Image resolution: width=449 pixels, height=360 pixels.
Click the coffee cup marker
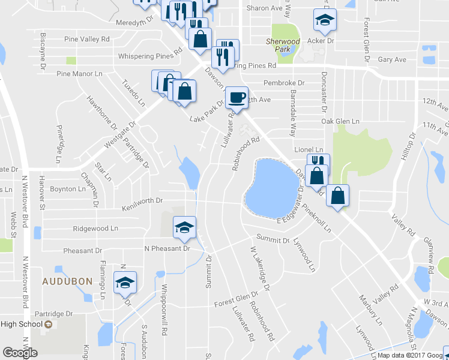(237, 97)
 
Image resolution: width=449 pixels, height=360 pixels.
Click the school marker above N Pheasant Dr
(185, 227)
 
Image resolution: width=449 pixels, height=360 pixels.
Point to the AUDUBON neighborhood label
(66, 281)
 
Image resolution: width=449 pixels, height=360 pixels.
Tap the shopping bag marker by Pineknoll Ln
(339, 196)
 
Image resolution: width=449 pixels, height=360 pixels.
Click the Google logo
(20, 353)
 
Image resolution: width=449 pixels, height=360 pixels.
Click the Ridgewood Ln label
(95, 229)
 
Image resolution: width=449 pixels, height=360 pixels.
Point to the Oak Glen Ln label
(340, 121)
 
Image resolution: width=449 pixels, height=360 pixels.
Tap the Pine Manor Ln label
(80, 74)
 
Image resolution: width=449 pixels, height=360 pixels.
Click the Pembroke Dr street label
(284, 83)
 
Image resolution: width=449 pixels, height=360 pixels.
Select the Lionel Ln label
(309, 149)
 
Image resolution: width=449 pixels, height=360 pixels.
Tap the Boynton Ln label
(68, 188)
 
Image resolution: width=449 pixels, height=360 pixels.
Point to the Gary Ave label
(392, 59)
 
